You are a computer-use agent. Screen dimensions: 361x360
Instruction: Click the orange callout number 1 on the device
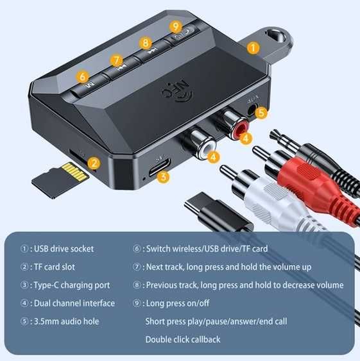tap(253, 47)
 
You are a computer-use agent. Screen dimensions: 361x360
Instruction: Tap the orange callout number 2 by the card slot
tap(94, 163)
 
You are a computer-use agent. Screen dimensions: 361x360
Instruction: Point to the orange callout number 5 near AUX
tap(260, 113)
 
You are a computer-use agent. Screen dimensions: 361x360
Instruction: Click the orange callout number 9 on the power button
tap(176, 26)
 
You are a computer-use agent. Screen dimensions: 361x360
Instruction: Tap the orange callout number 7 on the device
tap(116, 60)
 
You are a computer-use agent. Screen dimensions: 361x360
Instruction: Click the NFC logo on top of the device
tap(176, 91)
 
